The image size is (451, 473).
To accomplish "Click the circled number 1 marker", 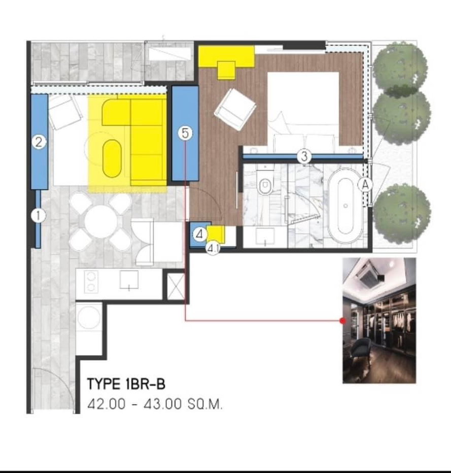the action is pyautogui.click(x=38, y=216).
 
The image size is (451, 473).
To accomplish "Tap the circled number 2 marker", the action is pyautogui.click(x=39, y=142).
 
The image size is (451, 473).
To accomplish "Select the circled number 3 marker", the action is pyautogui.click(x=304, y=156).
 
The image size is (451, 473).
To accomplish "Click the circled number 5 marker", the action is pyautogui.click(x=185, y=133).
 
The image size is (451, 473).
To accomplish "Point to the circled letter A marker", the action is pyautogui.click(x=365, y=185).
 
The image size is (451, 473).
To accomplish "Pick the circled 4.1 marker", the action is pyautogui.click(x=213, y=249).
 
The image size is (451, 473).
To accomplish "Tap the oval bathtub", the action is pyautogui.click(x=345, y=206).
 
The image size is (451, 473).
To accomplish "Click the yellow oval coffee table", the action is pyautogui.click(x=112, y=159).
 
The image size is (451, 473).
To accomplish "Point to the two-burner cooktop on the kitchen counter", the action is pyautogui.click(x=91, y=282).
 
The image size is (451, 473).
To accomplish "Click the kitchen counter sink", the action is pyautogui.click(x=129, y=280).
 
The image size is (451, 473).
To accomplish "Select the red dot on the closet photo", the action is pyautogui.click(x=342, y=321).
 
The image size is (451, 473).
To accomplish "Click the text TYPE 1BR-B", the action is pyautogui.click(x=126, y=384).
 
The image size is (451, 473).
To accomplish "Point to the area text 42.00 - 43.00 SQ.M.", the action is pyautogui.click(x=155, y=404).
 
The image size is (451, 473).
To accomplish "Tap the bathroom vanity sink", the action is pyautogui.click(x=265, y=237).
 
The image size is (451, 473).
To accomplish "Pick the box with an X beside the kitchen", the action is pyautogui.click(x=176, y=287).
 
